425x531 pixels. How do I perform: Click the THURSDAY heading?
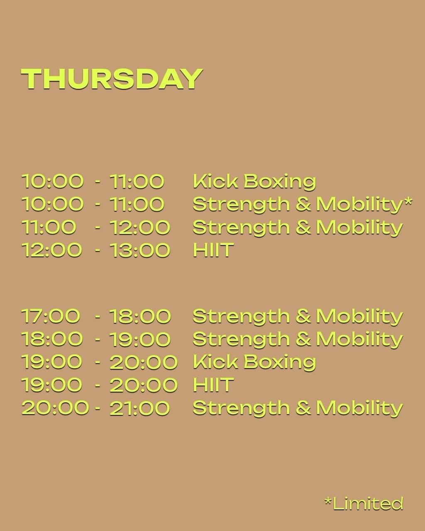112,79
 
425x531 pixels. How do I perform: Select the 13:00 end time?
140,250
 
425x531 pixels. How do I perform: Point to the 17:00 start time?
51,316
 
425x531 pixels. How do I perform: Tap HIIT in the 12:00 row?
213,250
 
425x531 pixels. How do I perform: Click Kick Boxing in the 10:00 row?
254,181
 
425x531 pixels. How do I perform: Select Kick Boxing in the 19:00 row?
254,362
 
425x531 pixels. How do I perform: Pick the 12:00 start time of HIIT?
51,250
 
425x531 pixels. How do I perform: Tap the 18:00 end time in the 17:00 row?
140,316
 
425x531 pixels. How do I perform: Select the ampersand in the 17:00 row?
303,316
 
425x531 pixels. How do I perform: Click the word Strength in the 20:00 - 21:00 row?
241,408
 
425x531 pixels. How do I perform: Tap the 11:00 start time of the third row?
49,227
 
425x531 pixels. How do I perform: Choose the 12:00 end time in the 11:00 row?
140,227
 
